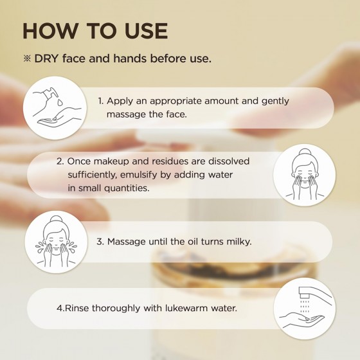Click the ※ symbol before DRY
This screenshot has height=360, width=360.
pyautogui.click(x=27, y=59)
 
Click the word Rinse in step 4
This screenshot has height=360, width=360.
pyautogui.click(x=76, y=309)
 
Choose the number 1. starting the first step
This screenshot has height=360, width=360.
pyautogui.click(x=101, y=101)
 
